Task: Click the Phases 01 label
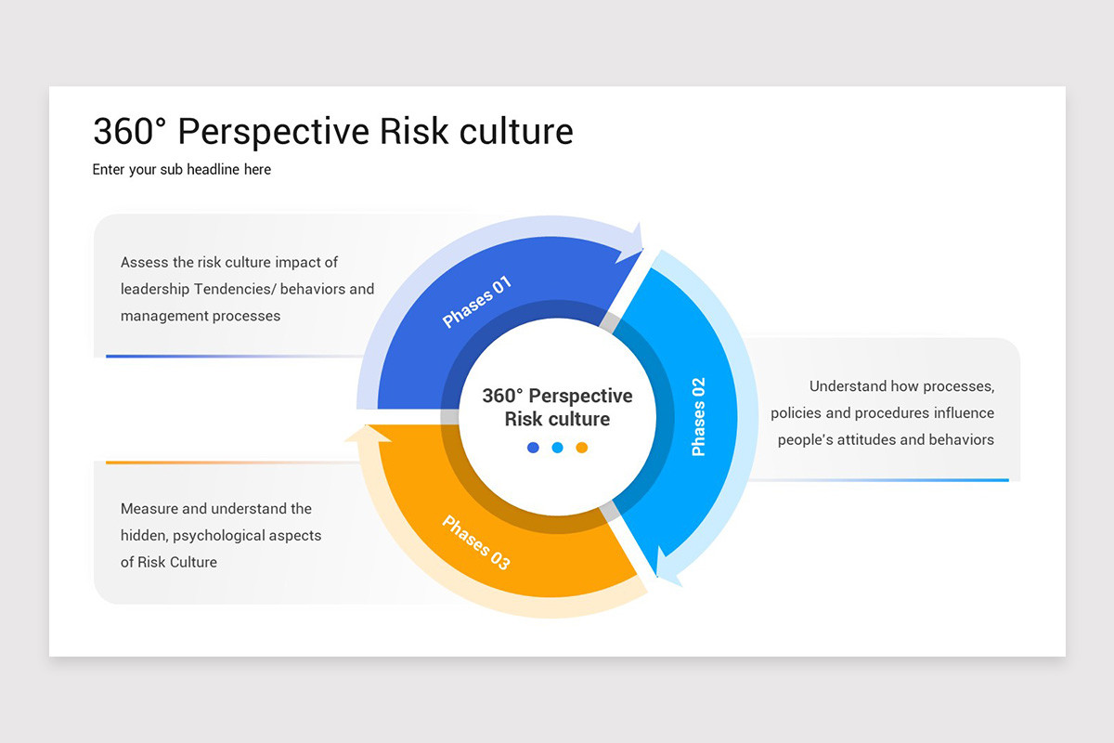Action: [x=477, y=302]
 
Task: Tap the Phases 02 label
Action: [x=699, y=416]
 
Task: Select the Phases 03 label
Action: [x=476, y=542]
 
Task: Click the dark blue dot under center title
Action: [x=533, y=448]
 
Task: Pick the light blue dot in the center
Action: [x=557, y=448]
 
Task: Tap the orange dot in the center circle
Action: [x=582, y=448]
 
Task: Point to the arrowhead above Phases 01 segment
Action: [x=633, y=242]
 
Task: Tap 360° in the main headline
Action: [x=128, y=132]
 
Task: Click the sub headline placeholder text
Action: [x=182, y=170]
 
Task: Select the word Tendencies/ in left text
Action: [x=234, y=289]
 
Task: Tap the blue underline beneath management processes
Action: [x=232, y=356]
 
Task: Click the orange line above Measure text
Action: [x=232, y=462]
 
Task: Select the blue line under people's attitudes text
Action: [x=882, y=480]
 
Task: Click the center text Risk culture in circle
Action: [x=557, y=419]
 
